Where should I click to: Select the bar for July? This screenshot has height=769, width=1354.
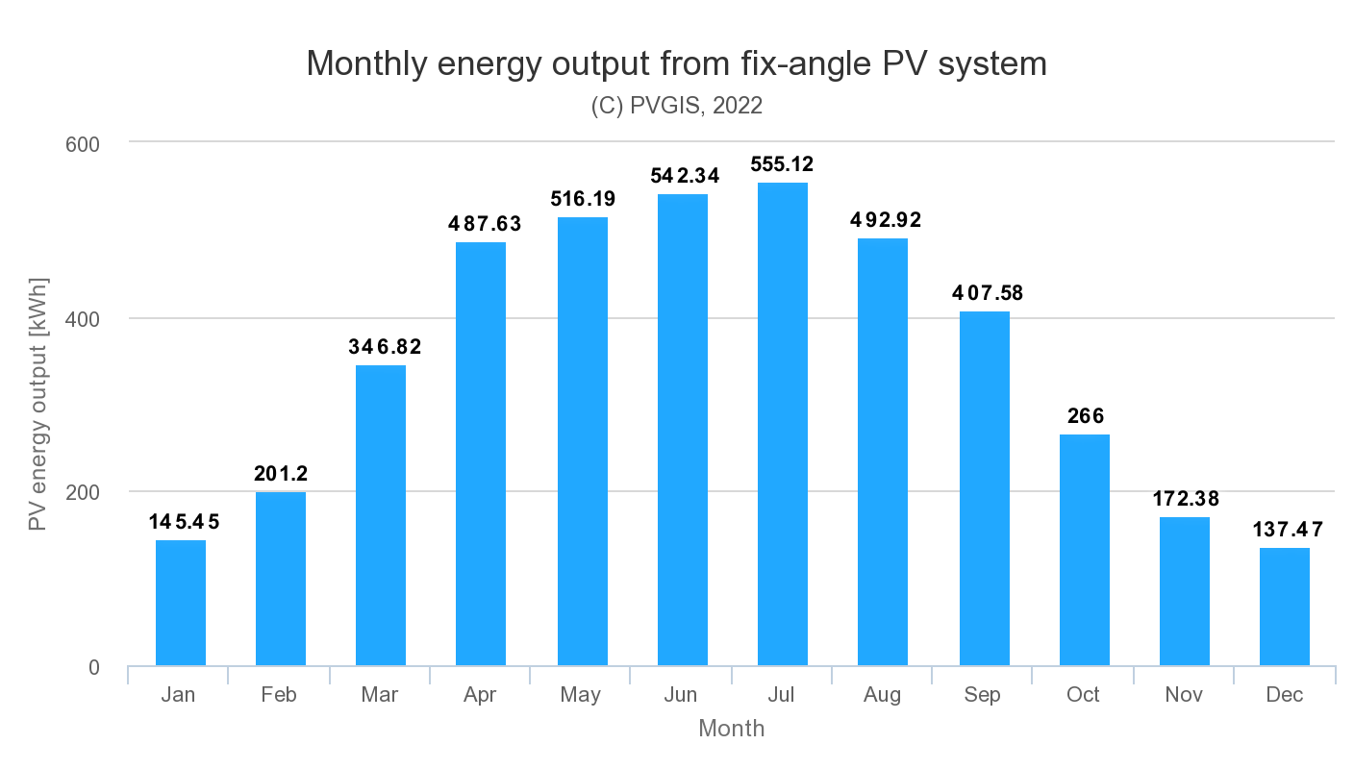[782, 424]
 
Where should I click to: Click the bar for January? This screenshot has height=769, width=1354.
[180, 603]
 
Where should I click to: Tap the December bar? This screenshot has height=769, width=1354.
[1284, 607]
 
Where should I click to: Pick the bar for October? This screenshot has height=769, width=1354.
[1084, 550]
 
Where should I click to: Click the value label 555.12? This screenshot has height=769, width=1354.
[782, 164]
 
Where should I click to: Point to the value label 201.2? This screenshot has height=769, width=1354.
[280, 474]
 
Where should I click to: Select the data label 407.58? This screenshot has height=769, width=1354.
[984, 293]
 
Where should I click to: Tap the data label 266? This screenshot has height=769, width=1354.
[1084, 416]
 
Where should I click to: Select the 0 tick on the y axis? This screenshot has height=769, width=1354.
[93, 667]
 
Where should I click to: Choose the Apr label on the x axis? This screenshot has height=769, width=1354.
[480, 695]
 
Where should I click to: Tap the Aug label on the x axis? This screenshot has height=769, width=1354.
[882, 695]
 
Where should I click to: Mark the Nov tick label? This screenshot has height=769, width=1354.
[1184, 695]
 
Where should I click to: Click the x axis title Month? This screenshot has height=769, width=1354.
[731, 729]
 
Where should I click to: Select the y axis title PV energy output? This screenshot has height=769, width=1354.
[38, 402]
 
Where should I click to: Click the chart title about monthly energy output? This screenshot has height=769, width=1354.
[676, 63]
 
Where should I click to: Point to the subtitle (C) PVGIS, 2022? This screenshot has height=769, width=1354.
[676, 106]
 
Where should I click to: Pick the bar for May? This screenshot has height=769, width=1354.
[582, 442]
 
